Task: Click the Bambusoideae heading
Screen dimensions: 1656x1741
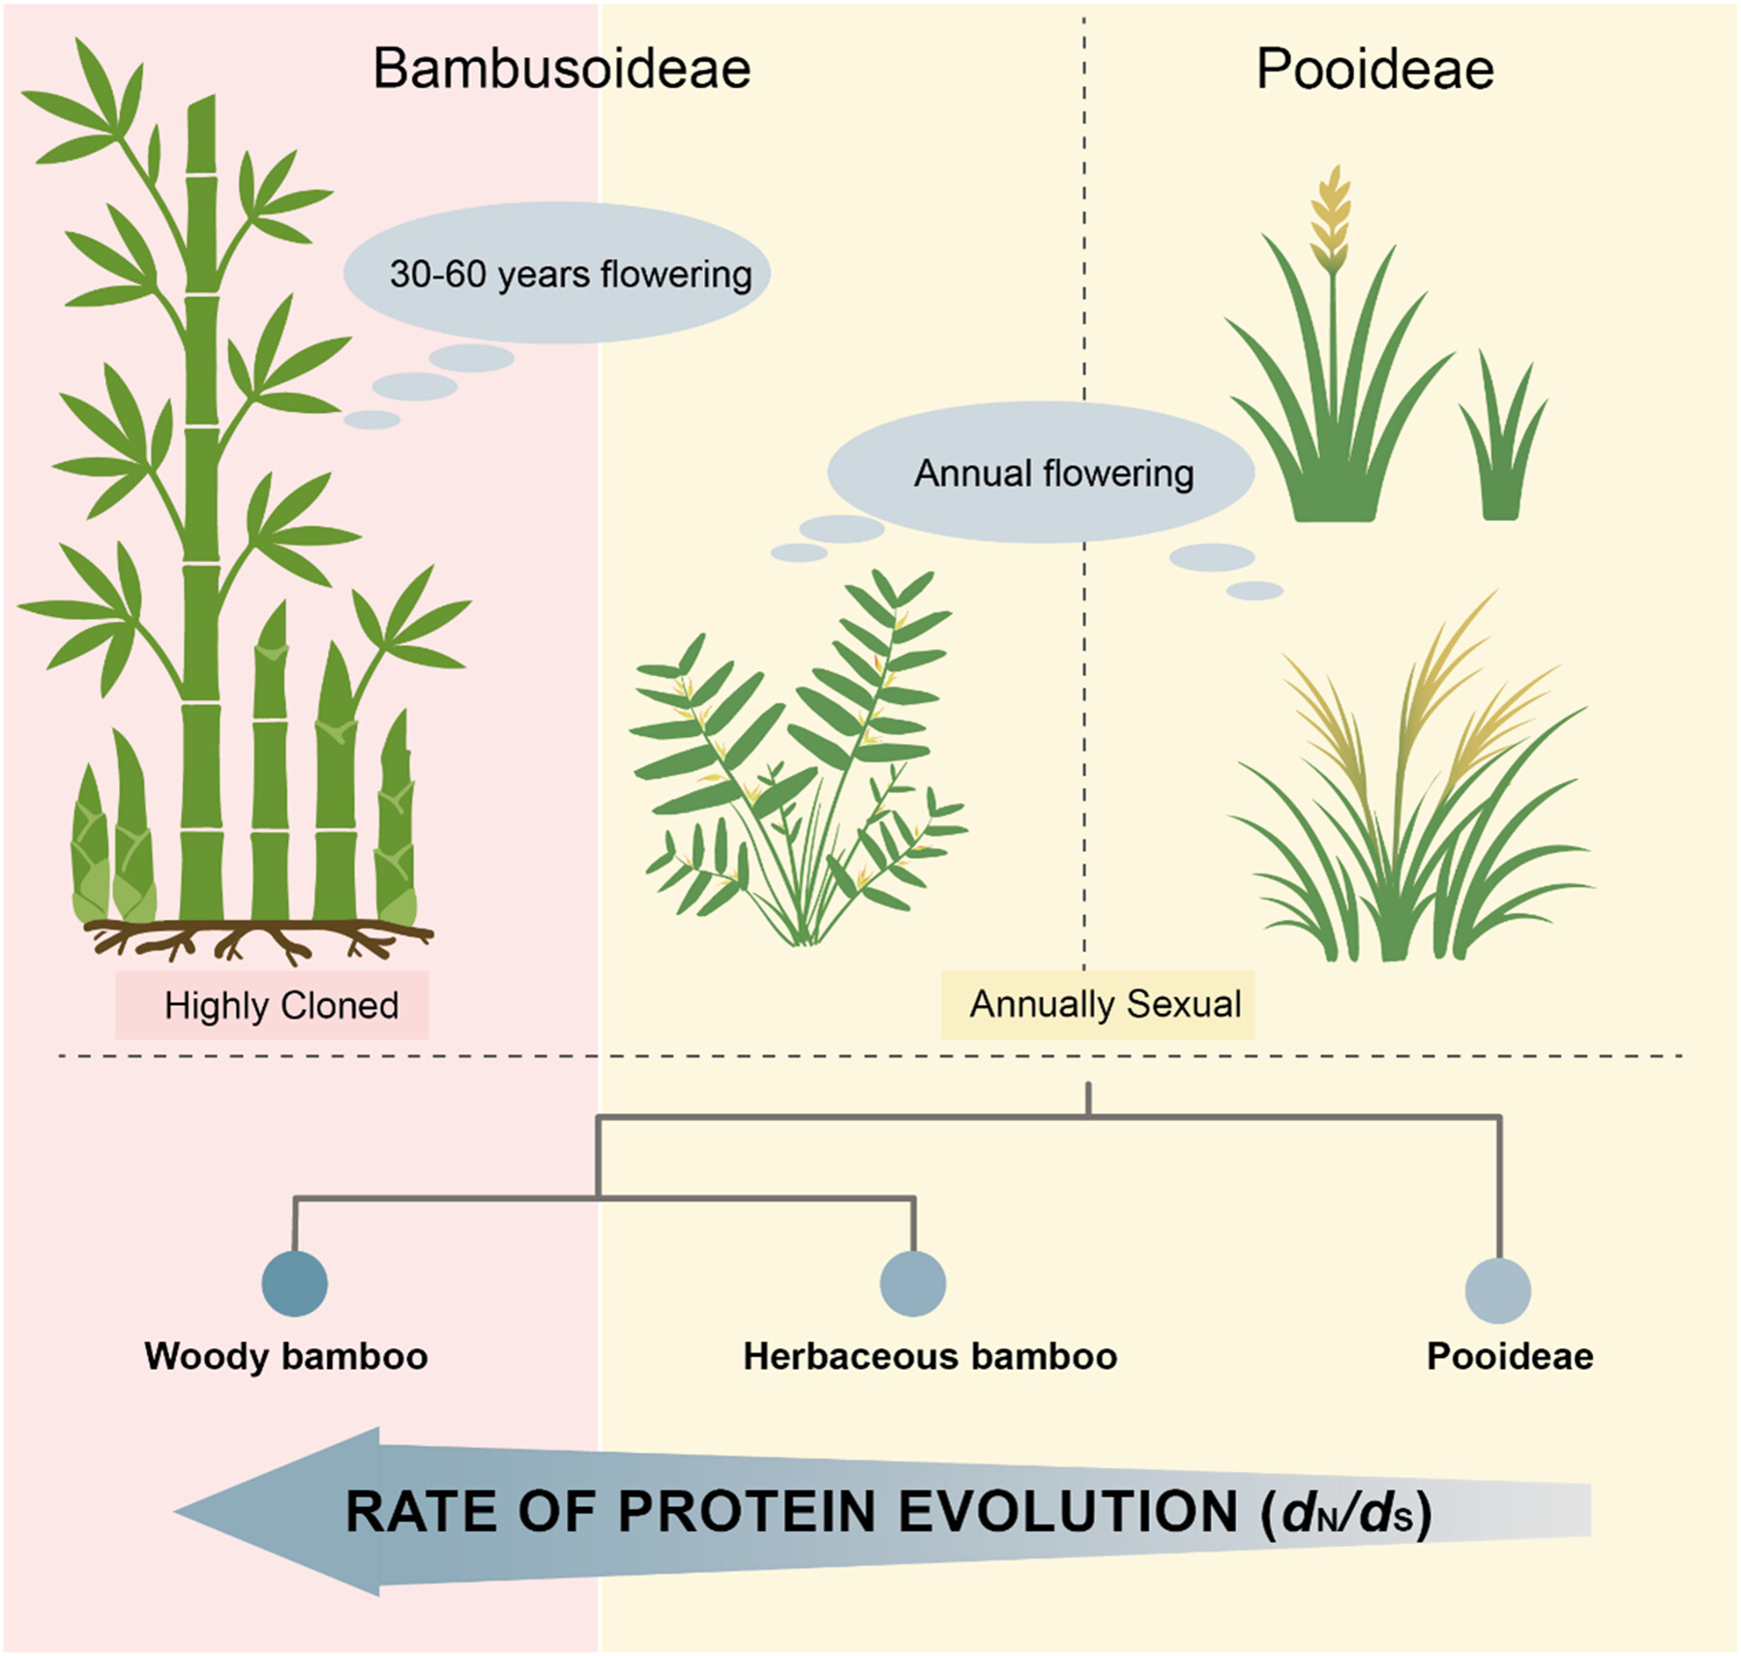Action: pyautogui.click(x=562, y=69)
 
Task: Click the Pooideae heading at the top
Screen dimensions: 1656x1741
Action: pyautogui.click(x=1374, y=69)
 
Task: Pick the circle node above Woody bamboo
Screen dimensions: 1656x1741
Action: pyautogui.click(x=295, y=1283)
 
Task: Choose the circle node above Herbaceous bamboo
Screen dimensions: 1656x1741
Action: pyautogui.click(x=913, y=1283)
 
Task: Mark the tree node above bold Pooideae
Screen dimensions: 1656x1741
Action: pyautogui.click(x=1498, y=1289)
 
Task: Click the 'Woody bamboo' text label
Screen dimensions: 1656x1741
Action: pyautogui.click(x=286, y=1356)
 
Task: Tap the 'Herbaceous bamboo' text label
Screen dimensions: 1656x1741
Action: pyautogui.click(x=930, y=1356)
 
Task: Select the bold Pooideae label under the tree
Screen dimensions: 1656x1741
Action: pyautogui.click(x=1510, y=1356)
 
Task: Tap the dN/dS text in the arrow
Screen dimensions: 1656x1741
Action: pyautogui.click(x=1346, y=1513)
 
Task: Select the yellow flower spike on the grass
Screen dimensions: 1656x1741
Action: pyautogui.click(x=1331, y=219)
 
